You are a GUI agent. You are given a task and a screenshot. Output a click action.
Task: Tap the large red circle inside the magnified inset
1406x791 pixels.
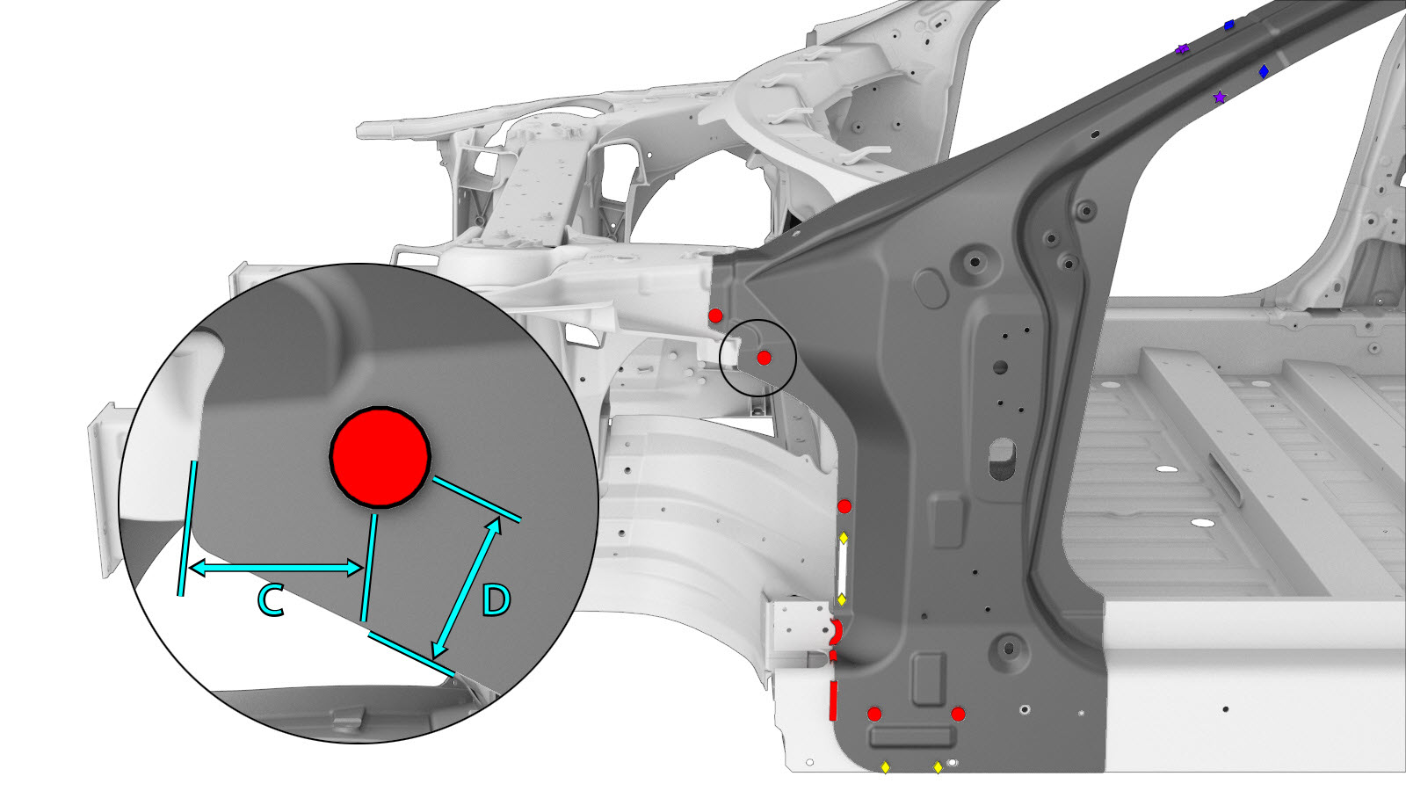pyautogui.click(x=380, y=457)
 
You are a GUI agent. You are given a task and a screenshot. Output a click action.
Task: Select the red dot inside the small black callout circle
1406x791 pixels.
pyautogui.click(x=764, y=358)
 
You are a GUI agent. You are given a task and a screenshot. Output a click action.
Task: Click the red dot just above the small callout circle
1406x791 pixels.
pyautogui.click(x=715, y=316)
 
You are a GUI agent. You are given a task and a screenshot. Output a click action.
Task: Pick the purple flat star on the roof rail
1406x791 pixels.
pyautogui.click(x=1220, y=98)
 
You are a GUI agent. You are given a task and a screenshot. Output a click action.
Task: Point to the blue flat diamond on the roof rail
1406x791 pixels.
pyautogui.click(x=1264, y=71)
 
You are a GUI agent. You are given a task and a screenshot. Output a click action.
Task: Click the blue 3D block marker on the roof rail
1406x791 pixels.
pyautogui.click(x=1229, y=25)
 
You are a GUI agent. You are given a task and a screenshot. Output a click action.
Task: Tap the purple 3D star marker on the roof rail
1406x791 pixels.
pyautogui.click(x=1183, y=49)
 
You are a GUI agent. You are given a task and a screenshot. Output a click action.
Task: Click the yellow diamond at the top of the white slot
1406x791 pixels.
pyautogui.click(x=844, y=538)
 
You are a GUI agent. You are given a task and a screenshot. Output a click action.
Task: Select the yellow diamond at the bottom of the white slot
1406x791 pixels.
pyautogui.click(x=843, y=599)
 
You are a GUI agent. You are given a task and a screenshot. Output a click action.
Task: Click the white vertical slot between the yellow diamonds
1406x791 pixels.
pyautogui.click(x=843, y=569)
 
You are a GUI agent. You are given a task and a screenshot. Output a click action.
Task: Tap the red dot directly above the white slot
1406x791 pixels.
pyautogui.click(x=844, y=506)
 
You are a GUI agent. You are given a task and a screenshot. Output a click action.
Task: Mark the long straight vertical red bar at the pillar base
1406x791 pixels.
pyautogui.click(x=833, y=700)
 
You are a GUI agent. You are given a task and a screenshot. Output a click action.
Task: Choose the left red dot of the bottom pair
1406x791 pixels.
pyautogui.click(x=874, y=714)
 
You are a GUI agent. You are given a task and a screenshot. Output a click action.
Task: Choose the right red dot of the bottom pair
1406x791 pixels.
pyautogui.click(x=958, y=714)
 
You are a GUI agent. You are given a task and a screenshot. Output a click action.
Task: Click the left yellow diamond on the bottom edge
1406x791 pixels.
pyautogui.click(x=885, y=767)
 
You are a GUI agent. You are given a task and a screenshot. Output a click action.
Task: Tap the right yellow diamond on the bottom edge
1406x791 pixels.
pyautogui.click(x=938, y=767)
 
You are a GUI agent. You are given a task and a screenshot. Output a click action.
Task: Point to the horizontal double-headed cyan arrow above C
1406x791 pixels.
pyautogui.click(x=275, y=569)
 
